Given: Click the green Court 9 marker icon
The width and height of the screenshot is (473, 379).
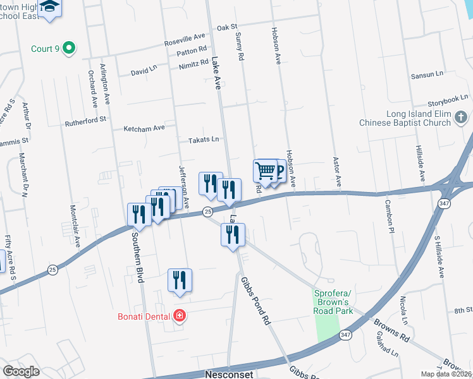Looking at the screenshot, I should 70,48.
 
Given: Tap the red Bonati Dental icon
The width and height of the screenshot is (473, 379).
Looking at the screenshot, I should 180,316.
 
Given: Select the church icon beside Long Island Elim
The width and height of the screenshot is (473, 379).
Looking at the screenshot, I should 462,117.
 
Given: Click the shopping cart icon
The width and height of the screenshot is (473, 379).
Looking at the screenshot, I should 265,171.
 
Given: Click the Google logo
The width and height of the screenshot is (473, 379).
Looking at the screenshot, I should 21,371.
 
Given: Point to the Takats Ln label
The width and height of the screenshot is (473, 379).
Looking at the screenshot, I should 202,139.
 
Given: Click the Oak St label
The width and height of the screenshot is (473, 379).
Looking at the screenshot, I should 226,28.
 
